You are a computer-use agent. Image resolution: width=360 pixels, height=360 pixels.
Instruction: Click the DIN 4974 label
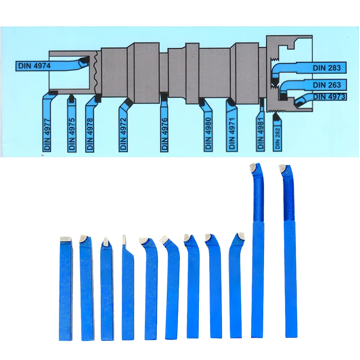click(x=34, y=66)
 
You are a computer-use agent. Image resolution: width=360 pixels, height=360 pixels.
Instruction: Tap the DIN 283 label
click(x=327, y=68)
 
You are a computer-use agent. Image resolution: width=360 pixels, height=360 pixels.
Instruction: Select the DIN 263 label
click(x=327, y=85)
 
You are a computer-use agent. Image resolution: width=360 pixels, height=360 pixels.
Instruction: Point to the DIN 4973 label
click(x=329, y=97)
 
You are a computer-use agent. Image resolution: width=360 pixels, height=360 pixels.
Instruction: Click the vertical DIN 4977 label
click(x=47, y=135)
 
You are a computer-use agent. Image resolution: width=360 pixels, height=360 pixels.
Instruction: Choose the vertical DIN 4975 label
click(x=72, y=135)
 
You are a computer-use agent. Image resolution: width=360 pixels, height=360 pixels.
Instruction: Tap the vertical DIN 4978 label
click(x=90, y=135)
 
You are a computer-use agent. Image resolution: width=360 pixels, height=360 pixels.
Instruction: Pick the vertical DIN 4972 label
click(x=123, y=134)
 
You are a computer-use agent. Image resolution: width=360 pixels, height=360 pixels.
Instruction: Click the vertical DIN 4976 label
click(x=164, y=135)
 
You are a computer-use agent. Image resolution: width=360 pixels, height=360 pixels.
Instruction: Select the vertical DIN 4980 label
click(x=208, y=134)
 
